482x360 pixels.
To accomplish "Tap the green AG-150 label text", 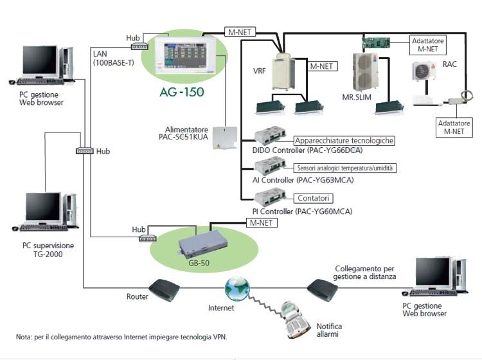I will [181, 92].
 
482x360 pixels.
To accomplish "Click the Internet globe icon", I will [237, 285].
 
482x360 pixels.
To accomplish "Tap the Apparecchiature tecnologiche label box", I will [344, 140].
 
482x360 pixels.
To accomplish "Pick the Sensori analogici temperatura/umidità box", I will [345, 168].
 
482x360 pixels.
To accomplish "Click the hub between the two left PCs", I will [84, 150].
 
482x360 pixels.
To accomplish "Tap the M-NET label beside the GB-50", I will [262, 222].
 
